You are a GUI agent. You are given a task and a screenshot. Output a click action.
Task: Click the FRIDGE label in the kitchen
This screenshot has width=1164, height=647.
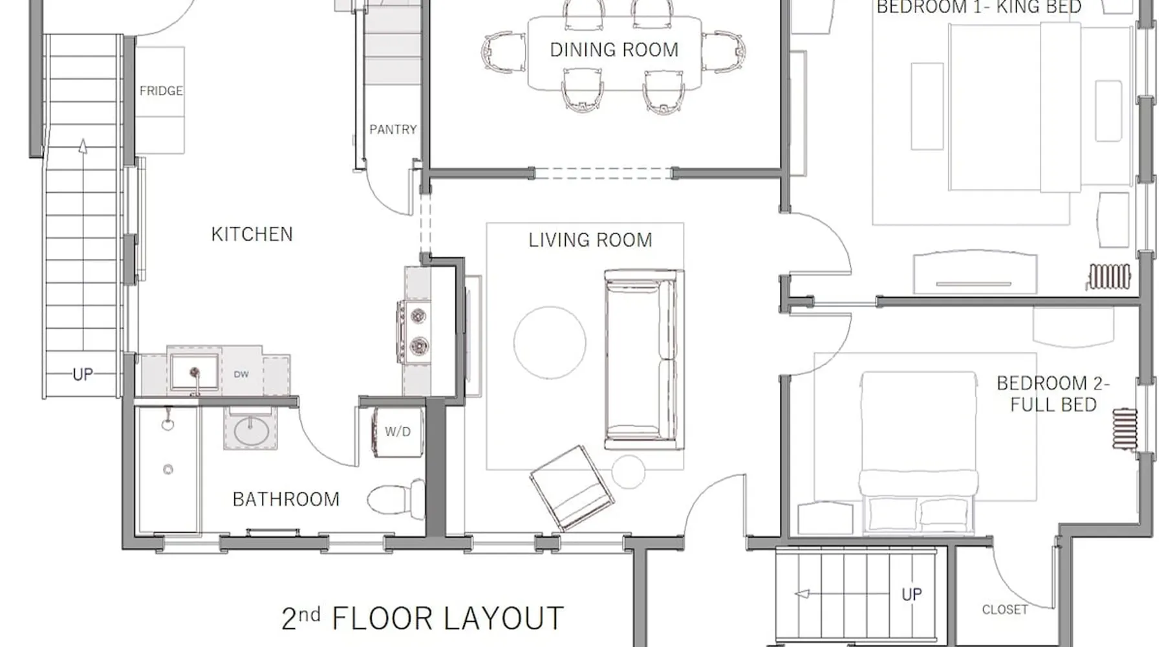(161, 91)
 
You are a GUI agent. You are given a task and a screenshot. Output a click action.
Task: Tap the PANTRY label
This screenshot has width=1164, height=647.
(393, 129)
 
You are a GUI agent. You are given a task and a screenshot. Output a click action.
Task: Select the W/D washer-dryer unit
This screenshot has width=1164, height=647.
(398, 432)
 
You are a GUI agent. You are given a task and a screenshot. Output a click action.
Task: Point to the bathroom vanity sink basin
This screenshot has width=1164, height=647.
(252, 431)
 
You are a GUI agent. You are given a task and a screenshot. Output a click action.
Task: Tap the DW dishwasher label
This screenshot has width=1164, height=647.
(241, 375)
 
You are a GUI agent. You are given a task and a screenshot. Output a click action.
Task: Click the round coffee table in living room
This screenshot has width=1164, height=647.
(550, 342)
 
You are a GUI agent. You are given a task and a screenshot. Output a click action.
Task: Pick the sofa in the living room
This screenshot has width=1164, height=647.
(643, 360)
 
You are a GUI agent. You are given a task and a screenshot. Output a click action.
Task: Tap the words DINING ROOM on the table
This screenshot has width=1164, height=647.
(614, 50)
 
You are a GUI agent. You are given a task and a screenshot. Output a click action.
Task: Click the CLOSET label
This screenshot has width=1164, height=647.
(1004, 609)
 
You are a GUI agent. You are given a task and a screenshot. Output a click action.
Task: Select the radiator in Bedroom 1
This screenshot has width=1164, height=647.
(1109, 276)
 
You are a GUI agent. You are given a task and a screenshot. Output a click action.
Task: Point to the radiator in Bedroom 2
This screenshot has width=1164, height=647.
(1125, 428)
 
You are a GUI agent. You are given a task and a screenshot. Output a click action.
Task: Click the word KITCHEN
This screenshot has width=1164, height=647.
(252, 234)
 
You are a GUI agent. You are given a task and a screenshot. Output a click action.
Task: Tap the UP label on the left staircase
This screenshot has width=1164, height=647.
(82, 374)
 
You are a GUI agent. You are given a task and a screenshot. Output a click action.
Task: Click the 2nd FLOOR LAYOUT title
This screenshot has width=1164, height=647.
(422, 618)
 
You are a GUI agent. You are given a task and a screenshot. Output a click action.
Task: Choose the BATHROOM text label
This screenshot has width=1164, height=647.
(286, 499)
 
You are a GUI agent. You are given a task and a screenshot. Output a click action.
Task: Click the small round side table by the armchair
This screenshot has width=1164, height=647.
(628, 472)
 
